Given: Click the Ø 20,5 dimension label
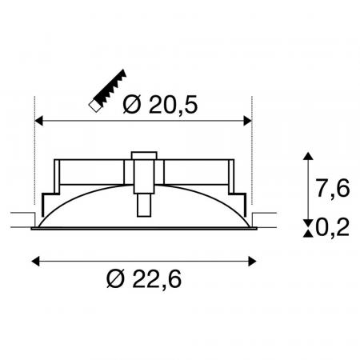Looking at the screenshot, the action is [x=160, y=105].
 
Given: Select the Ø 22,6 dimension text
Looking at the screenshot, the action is [x=144, y=278].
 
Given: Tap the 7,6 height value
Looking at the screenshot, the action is [x=333, y=188].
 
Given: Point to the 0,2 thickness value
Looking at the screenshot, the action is [x=333, y=227].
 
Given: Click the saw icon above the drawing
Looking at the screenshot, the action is [x=108, y=90].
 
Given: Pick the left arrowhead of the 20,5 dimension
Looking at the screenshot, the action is [x=39, y=121].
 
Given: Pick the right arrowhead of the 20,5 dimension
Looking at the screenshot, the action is [x=248, y=121].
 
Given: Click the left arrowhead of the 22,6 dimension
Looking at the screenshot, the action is [x=35, y=262].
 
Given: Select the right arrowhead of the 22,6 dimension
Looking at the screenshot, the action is [x=252, y=262].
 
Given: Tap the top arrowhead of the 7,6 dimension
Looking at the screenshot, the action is [x=308, y=156].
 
